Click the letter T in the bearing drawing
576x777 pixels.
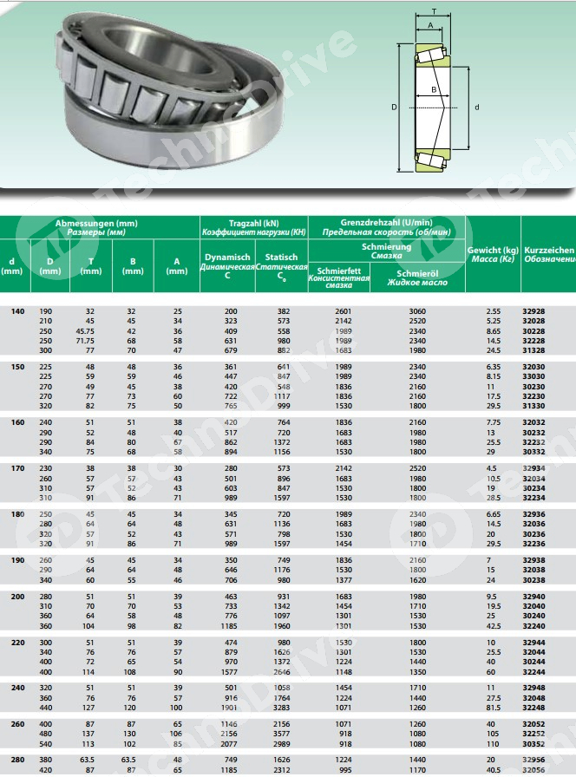[434, 12]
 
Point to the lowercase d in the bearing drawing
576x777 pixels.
[478, 107]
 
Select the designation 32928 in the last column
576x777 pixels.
[535, 310]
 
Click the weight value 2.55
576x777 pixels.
[494, 310]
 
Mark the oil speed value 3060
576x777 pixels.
[418, 310]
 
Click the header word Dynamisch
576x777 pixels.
[227, 257]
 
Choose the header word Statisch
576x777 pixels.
[281, 257]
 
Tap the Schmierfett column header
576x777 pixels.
[338, 271]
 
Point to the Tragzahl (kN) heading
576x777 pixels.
[253, 223]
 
